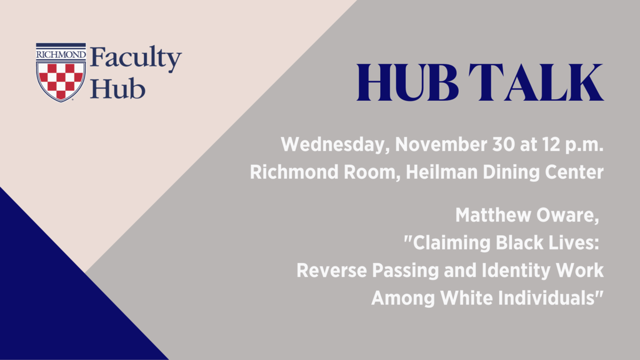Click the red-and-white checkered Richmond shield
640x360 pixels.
61,82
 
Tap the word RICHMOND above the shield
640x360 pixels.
61,54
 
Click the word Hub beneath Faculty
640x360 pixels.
118,89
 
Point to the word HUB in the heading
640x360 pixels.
407,82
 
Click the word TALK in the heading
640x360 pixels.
537,82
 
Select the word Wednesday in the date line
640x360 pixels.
335,145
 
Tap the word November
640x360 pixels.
441,145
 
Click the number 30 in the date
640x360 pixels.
503,145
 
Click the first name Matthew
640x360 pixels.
493,215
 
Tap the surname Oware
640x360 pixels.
567,215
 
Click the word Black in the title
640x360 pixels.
519,243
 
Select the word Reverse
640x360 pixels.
331,270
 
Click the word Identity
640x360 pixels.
516,271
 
